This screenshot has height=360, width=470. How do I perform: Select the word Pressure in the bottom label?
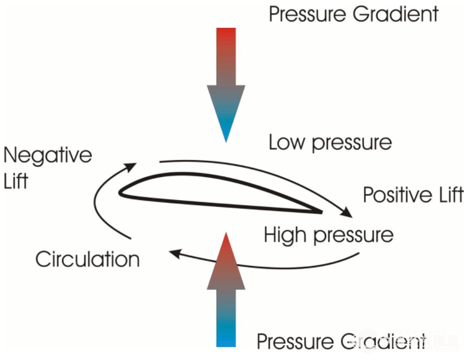[294, 341]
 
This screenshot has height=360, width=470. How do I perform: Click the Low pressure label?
[330, 143]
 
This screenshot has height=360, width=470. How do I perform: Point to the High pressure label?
[329, 235]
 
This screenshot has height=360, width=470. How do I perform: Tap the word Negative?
[47, 154]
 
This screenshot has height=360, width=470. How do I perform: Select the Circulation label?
[87, 258]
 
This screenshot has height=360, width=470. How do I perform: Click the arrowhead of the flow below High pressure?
[176, 252]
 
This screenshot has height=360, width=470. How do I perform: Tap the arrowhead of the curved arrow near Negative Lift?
[132, 165]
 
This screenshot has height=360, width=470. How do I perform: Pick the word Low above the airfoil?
[287, 143]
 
